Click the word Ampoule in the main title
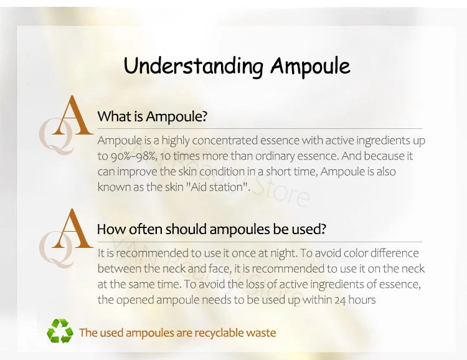(x=309, y=66)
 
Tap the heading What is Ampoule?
(x=152, y=116)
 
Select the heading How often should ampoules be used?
(x=211, y=229)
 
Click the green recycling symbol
(x=60, y=331)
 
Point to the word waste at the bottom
(x=261, y=333)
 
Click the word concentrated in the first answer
(x=214, y=141)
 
